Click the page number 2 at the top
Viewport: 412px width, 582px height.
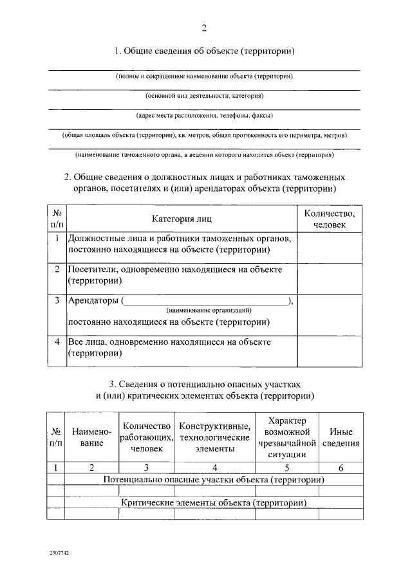(205, 28)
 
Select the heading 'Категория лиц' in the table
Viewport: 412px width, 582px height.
(182, 219)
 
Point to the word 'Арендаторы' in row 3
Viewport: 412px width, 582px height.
(93, 300)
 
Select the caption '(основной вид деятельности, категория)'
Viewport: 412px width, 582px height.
(205, 96)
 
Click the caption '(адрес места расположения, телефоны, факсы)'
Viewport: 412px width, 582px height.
(205, 116)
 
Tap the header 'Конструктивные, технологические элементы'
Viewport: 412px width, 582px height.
(214, 437)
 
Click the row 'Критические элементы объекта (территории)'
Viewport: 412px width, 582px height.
(213, 502)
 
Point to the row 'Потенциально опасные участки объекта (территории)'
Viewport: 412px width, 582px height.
(213, 479)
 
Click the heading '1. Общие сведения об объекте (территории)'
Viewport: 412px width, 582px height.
(205, 51)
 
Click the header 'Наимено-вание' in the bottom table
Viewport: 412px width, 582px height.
(92, 437)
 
